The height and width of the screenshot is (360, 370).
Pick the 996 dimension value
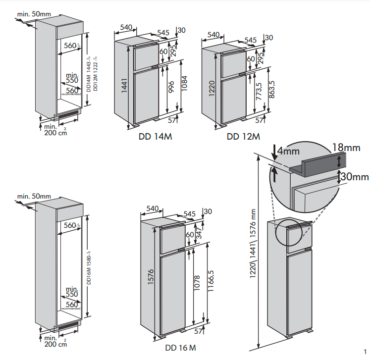pyautogui.click(x=172, y=87)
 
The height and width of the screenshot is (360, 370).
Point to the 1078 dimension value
pyautogui.click(x=198, y=285)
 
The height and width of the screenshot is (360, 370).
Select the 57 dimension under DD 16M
pyautogui.click(x=199, y=331)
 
